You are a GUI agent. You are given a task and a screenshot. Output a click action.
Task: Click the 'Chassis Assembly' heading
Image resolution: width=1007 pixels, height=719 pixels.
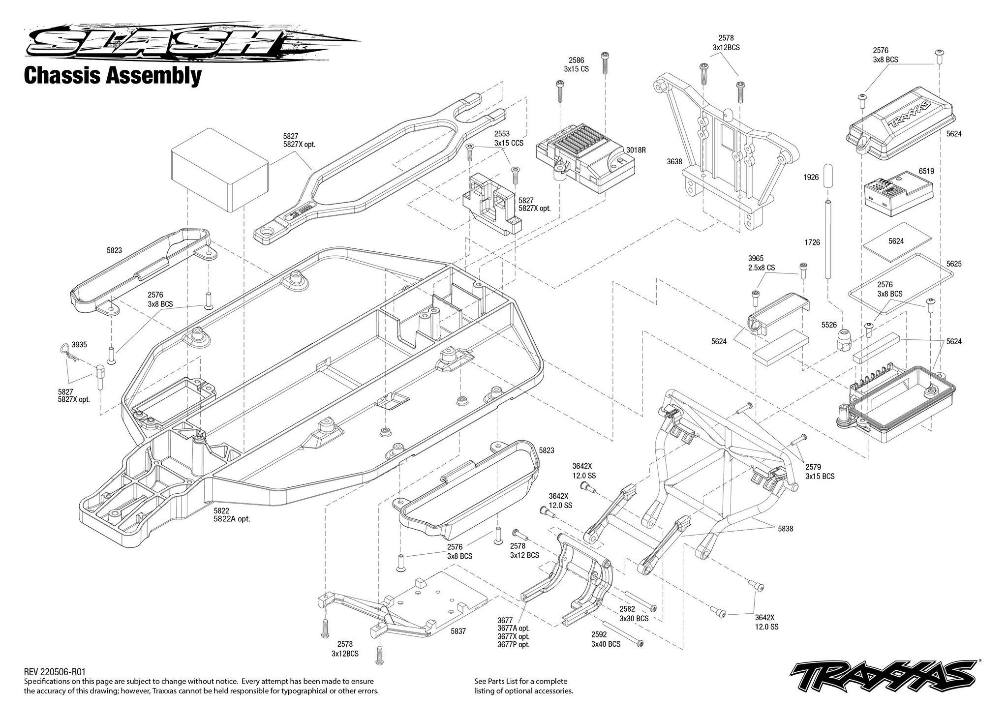113,76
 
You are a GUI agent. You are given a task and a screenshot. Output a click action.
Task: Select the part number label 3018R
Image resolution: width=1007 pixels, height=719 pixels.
636,150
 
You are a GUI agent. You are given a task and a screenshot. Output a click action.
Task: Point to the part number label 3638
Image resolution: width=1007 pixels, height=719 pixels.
674,161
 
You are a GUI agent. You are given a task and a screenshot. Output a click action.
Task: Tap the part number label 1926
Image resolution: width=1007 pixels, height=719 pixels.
811,177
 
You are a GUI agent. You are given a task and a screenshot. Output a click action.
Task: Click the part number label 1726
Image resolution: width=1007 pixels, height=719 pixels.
812,242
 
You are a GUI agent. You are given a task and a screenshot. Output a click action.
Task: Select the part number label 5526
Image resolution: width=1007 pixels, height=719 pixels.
829,325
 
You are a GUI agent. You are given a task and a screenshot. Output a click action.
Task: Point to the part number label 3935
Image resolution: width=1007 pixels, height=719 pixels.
79,345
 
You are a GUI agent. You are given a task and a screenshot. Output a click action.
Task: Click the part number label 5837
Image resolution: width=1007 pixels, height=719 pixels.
458,630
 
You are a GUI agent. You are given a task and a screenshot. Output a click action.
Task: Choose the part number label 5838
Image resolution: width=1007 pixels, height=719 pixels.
786,529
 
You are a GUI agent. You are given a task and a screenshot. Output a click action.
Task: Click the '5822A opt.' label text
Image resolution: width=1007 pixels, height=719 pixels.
232,519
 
